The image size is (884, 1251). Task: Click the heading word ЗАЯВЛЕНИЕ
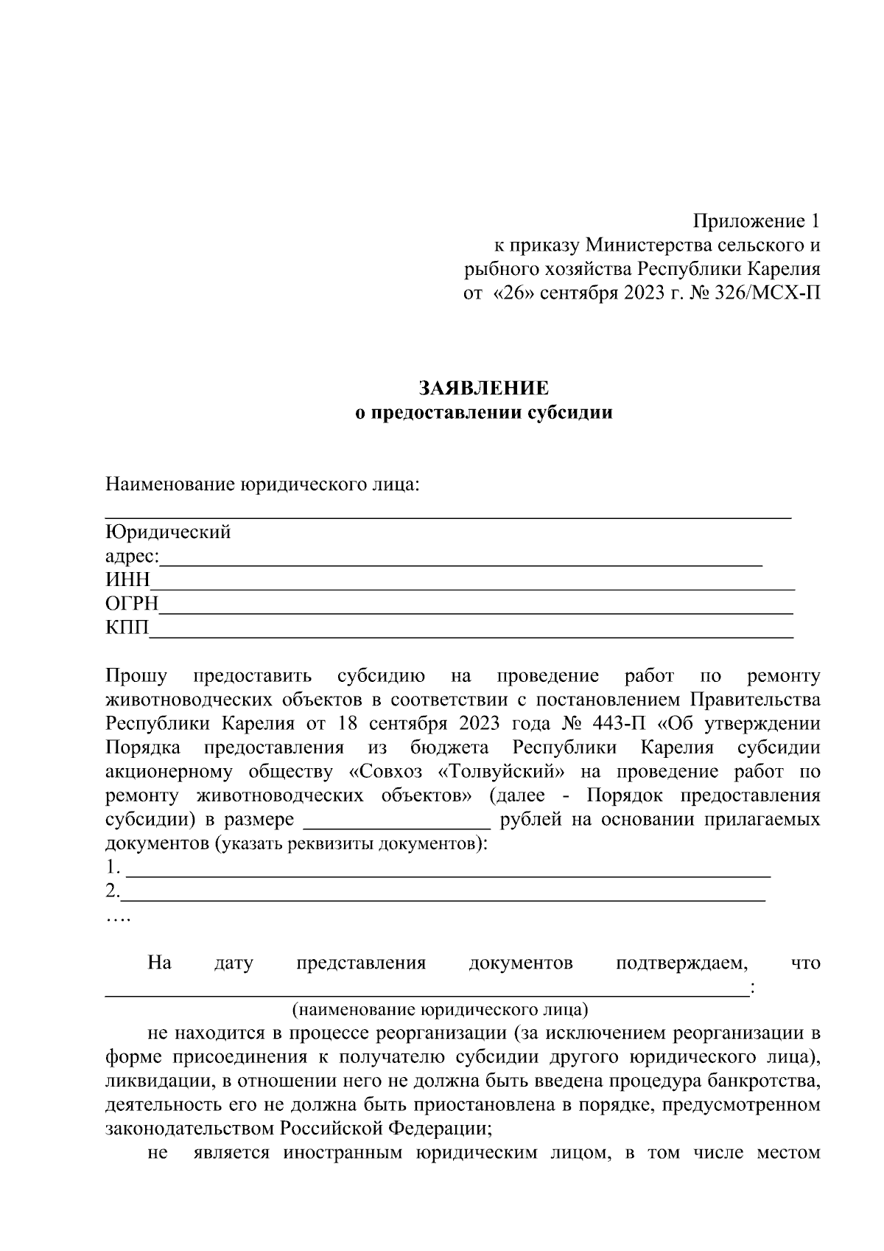pos(484,388)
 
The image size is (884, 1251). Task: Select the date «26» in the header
pos(513,293)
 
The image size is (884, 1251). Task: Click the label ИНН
pos(127,580)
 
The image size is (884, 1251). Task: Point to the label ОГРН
pos(132,604)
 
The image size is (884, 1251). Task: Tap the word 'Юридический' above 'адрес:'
pos(168,532)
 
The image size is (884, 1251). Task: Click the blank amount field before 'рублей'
pos(397,820)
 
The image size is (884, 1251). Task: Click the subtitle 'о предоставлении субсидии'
pos(484,413)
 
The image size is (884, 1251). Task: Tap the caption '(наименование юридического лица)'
pos(440,1008)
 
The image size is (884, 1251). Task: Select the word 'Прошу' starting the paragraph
pos(137,675)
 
